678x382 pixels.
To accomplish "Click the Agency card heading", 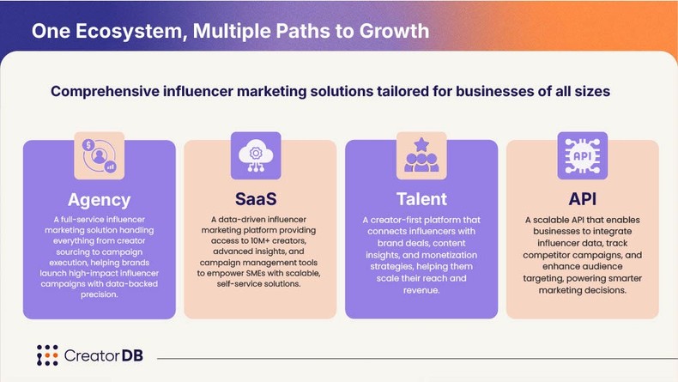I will (x=100, y=200).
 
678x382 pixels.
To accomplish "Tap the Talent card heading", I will (x=421, y=200).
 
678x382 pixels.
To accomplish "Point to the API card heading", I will (x=583, y=200).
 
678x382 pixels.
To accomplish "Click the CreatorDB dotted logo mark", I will (x=47, y=355).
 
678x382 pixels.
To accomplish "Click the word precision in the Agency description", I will (x=100, y=295).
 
